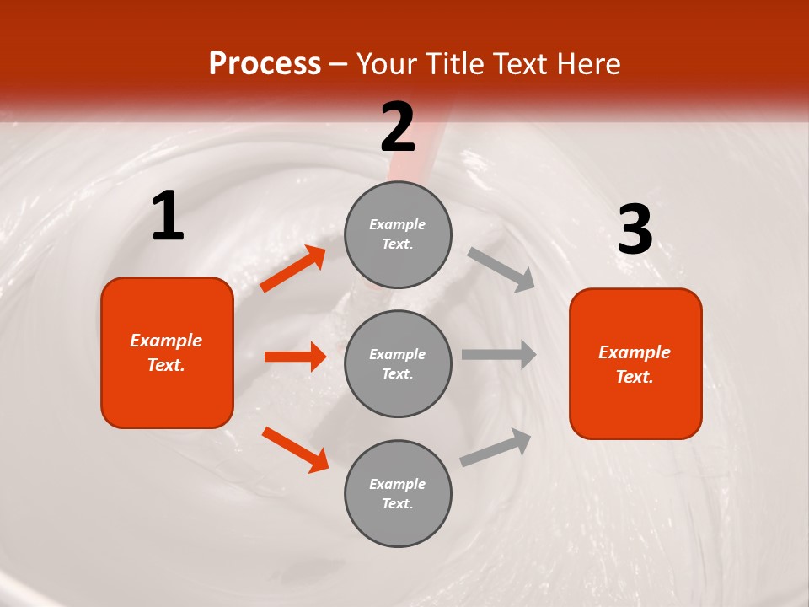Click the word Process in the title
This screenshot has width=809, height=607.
(265, 64)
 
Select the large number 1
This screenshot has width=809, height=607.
(168, 217)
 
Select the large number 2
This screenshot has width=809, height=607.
(398, 127)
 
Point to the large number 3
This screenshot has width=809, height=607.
(635, 230)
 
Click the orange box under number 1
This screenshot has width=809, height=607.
(167, 352)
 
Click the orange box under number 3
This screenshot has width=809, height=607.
(635, 363)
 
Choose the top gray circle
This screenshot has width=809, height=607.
(398, 234)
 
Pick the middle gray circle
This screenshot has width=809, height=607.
(398, 363)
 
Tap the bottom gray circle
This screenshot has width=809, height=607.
(398, 493)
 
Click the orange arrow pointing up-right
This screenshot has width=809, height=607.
(293, 269)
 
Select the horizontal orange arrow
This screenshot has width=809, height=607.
(295, 357)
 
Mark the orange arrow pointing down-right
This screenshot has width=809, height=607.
(295, 449)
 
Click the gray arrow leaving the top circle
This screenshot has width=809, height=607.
(501, 269)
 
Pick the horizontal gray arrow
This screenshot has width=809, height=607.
(499, 355)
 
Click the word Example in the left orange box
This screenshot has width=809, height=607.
(166, 341)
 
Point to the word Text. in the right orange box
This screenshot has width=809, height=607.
(635, 377)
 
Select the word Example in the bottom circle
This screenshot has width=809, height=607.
(398, 484)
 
